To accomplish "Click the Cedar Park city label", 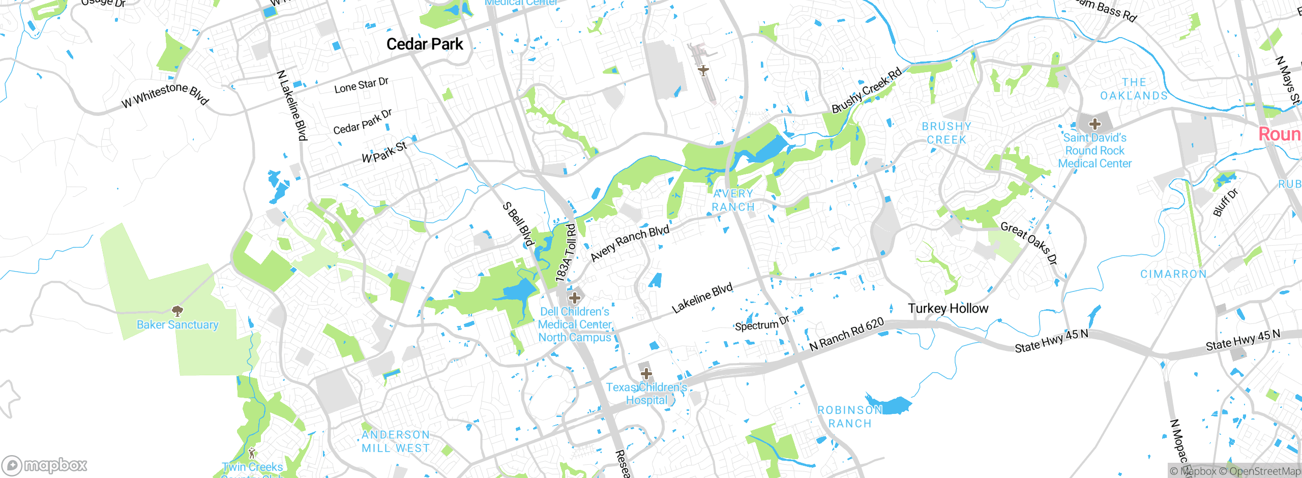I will tap(425, 44).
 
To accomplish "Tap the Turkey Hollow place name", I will tap(948, 308).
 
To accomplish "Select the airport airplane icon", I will tap(703, 70).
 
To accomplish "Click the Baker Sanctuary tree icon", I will tap(177, 310).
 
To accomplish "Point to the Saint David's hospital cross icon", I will tap(1094, 124).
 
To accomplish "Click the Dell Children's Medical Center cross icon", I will tap(575, 297).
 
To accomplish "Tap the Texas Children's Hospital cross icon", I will tap(646, 374).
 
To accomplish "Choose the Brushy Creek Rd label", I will tap(866, 91).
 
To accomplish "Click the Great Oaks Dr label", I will tap(1029, 243).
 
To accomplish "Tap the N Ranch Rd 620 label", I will tap(846, 335).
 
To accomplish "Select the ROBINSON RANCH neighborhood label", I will tap(850, 416).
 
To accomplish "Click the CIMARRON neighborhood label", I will tap(1173, 274).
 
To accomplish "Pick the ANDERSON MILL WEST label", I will tap(396, 441).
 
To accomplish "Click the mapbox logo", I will tap(45, 465).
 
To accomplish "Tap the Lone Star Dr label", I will tap(361, 85).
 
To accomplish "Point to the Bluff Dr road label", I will tap(1225, 202).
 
